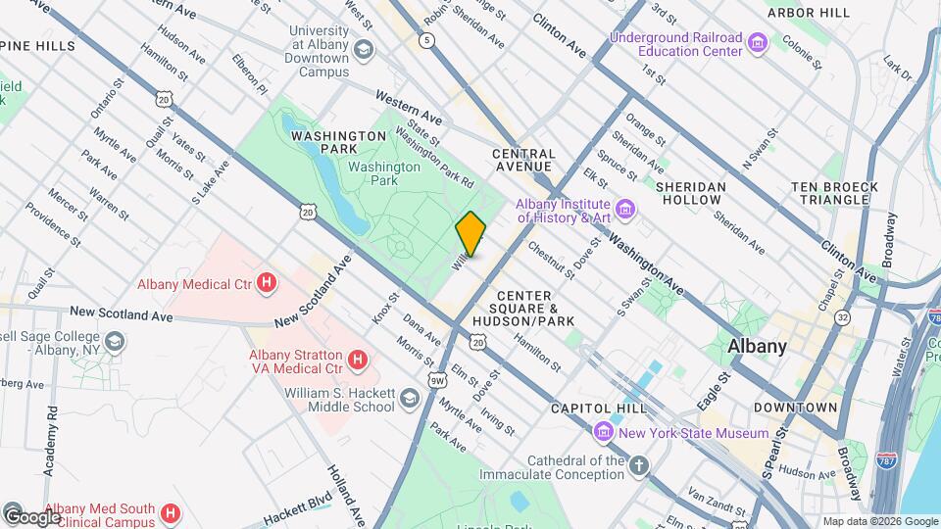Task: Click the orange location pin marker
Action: pos(470,233)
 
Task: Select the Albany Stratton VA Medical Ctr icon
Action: pos(358,361)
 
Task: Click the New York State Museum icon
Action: pos(604,432)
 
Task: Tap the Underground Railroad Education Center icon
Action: pos(757,43)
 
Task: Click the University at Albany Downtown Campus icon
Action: pos(364,50)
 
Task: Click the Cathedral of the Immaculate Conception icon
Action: pos(639,466)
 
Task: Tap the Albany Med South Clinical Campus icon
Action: pos(170,512)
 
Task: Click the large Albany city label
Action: pos(757,346)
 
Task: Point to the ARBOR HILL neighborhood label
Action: pos(809,13)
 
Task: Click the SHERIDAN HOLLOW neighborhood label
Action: pos(691,193)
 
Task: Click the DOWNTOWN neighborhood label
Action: pos(795,407)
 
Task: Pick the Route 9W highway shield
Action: pos(436,379)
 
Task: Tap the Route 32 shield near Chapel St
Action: pos(842,316)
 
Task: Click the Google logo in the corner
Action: pos(31,516)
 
